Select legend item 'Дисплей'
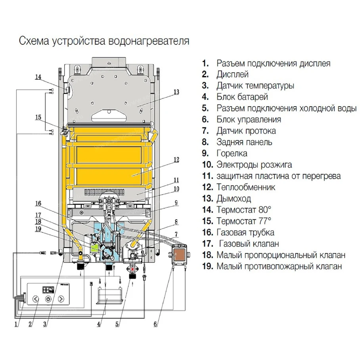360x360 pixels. click(232, 74)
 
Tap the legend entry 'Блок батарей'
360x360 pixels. click(242, 97)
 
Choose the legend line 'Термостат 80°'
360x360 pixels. click(244, 210)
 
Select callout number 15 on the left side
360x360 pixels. click(38, 117)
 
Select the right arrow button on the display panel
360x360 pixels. click(61, 299)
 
